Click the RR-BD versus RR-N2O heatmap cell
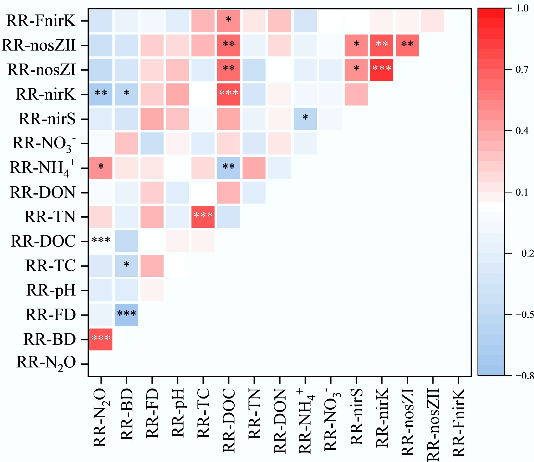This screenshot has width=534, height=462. point(101,339)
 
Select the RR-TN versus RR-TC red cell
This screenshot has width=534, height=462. point(203,217)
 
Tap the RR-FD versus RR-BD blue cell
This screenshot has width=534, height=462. point(126,315)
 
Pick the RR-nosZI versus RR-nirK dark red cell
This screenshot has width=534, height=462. point(382,70)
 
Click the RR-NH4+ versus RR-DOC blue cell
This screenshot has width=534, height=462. point(228,168)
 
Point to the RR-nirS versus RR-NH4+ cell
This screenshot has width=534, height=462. point(305,119)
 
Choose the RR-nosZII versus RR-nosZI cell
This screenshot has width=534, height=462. point(407,45)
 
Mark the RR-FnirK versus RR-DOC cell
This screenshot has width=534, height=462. point(228,21)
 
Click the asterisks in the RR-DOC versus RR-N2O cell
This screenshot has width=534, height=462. point(101,240)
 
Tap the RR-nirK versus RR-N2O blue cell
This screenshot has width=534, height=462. point(101,94)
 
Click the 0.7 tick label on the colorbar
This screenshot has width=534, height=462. point(522,70)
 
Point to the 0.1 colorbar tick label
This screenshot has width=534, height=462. point(522,192)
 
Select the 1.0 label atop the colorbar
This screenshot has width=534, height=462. point(522,8)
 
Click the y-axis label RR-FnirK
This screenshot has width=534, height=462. point(41,21)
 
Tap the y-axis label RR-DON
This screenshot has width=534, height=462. point(43,192)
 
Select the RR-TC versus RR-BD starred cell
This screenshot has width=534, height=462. point(126,266)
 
